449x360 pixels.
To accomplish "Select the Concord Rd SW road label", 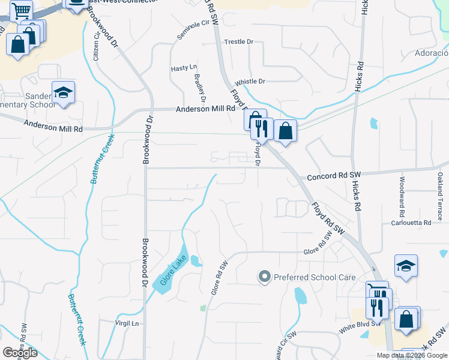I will click(333, 176).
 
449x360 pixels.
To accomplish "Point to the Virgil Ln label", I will click(127, 323).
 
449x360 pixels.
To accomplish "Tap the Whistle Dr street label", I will click(250, 82).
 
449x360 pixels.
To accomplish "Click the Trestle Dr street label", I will click(239, 42).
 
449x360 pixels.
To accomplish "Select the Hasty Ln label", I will click(184, 68).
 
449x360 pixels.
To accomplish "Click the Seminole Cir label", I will click(196, 31).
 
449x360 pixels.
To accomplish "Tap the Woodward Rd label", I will click(402, 190).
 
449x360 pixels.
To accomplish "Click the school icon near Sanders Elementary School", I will click(63, 92).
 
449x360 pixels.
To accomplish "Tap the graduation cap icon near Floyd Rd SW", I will click(406, 266).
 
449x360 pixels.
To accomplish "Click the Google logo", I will click(20, 353).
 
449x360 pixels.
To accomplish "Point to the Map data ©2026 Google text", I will click(411, 355).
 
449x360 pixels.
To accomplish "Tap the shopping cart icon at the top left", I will click(21, 10).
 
